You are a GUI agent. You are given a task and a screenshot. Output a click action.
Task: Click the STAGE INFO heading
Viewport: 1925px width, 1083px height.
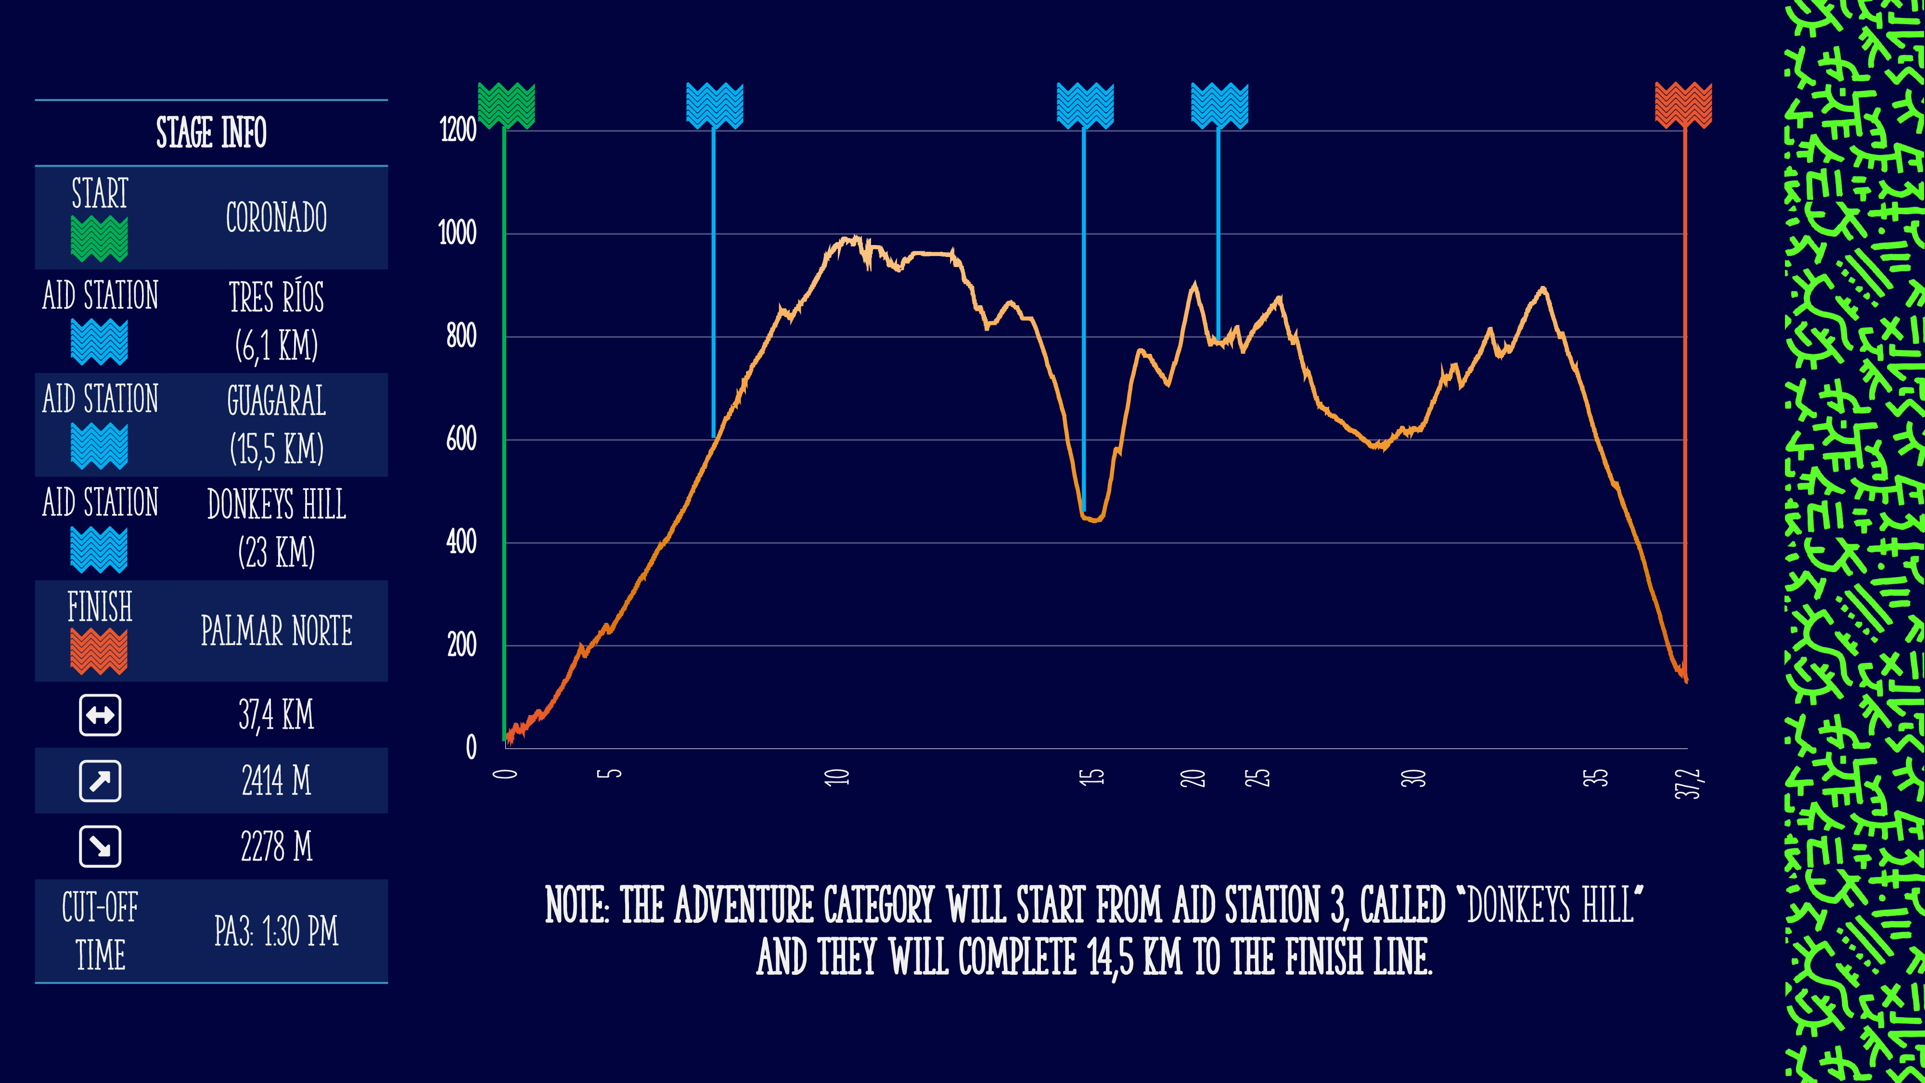pos(211,133)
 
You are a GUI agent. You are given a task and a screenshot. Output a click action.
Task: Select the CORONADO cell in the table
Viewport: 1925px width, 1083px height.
pos(277,218)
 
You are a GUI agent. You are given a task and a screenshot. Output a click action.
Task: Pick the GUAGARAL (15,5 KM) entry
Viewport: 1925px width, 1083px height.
pos(277,425)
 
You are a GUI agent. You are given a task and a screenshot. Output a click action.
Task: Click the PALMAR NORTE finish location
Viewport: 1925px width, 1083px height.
pos(277,631)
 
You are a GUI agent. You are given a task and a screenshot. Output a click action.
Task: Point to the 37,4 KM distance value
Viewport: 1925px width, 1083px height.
pos(277,714)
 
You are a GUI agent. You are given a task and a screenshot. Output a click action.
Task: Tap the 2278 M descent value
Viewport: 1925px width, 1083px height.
pos(277,847)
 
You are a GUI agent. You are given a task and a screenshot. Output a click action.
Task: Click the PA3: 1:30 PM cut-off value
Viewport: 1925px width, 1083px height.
pos(277,931)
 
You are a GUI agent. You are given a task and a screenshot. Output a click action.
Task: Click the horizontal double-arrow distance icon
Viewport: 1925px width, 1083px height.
pos(100,715)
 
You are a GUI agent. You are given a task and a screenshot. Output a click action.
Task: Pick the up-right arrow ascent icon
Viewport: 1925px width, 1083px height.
pos(100,781)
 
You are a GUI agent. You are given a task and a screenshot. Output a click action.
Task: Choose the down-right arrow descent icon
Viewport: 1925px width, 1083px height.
pos(100,847)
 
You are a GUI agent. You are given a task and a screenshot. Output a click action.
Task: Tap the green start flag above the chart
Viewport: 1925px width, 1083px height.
pos(507,105)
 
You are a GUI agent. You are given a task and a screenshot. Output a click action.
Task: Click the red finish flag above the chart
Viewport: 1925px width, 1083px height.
pos(1683,105)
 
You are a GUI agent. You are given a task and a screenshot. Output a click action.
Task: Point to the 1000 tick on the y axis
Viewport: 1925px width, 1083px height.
pos(457,233)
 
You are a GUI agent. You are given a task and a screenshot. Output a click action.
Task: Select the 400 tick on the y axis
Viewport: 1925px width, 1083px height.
pos(461,542)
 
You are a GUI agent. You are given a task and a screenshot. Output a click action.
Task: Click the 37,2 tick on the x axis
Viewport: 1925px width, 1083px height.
pos(1687,783)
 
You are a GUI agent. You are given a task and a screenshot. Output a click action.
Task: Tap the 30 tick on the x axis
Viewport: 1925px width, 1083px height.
pos(1413,778)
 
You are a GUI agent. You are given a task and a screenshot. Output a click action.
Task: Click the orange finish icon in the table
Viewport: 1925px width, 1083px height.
pos(100,651)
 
